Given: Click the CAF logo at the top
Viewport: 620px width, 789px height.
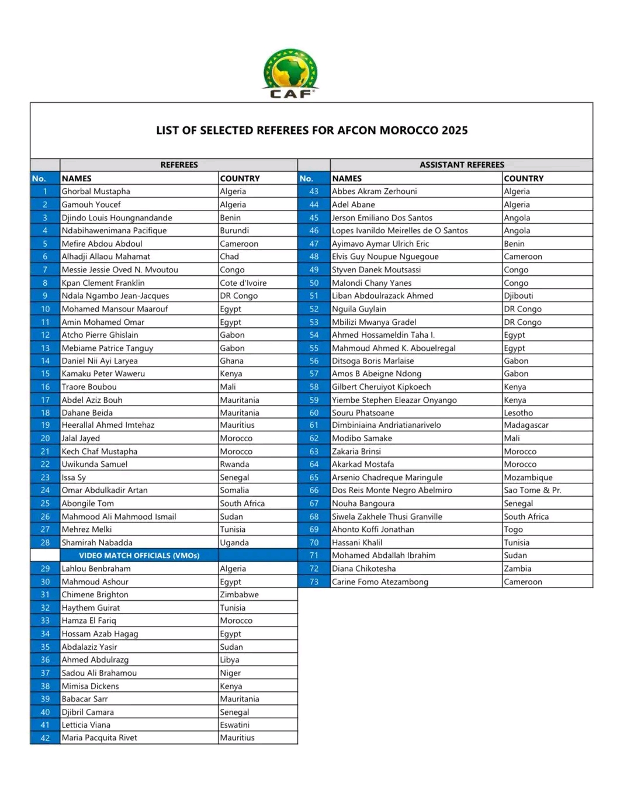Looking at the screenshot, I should (x=290, y=74).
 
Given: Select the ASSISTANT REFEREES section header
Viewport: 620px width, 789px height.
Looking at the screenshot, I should (x=462, y=165).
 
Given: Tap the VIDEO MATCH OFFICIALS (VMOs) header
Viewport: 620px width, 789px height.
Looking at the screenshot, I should (x=139, y=555).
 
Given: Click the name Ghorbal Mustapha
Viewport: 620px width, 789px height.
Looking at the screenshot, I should (x=96, y=191).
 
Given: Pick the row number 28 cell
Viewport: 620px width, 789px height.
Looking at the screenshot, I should (x=45, y=542).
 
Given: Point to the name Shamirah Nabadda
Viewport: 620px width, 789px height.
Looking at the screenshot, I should (x=97, y=542).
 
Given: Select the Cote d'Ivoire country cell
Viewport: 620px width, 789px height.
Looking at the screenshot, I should (x=243, y=283).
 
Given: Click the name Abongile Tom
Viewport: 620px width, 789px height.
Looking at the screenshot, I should (x=88, y=503).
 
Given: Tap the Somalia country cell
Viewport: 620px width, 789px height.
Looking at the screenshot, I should (x=234, y=490).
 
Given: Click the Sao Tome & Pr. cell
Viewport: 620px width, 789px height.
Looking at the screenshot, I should (x=532, y=490).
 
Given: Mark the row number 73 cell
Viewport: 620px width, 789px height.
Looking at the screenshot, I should (x=314, y=582).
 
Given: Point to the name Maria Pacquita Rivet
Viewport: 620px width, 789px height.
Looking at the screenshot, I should (x=99, y=738).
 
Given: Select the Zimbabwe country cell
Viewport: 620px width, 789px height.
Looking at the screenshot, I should (x=239, y=594).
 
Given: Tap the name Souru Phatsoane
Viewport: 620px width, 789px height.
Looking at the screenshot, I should (x=363, y=413).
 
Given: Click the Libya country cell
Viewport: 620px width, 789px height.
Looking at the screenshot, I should (x=230, y=660).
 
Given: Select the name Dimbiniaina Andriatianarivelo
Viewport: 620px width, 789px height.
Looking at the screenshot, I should (x=386, y=425).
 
